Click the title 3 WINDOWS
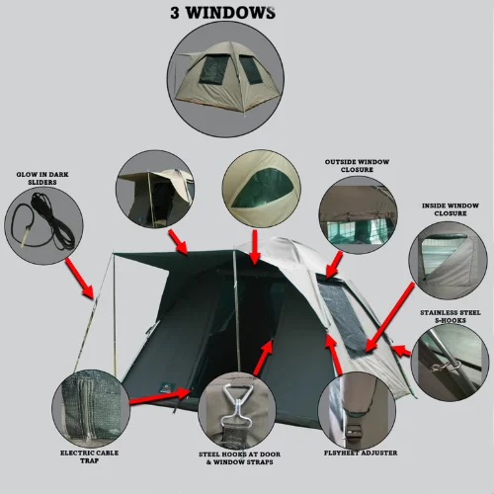point(222,13)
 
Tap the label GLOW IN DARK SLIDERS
point(42,178)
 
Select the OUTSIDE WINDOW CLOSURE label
point(357,166)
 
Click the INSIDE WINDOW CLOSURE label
point(451,209)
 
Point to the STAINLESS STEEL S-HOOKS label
point(451,316)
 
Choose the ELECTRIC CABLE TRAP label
point(89,456)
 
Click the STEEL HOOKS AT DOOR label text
point(239,454)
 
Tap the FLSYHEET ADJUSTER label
point(361,453)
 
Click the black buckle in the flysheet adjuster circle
point(356,430)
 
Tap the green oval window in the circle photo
point(262,189)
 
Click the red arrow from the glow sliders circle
point(79,278)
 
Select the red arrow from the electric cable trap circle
point(160,396)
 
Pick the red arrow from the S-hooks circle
point(401,351)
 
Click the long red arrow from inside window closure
point(389,317)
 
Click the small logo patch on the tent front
point(167,386)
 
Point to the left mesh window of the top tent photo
point(213,69)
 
